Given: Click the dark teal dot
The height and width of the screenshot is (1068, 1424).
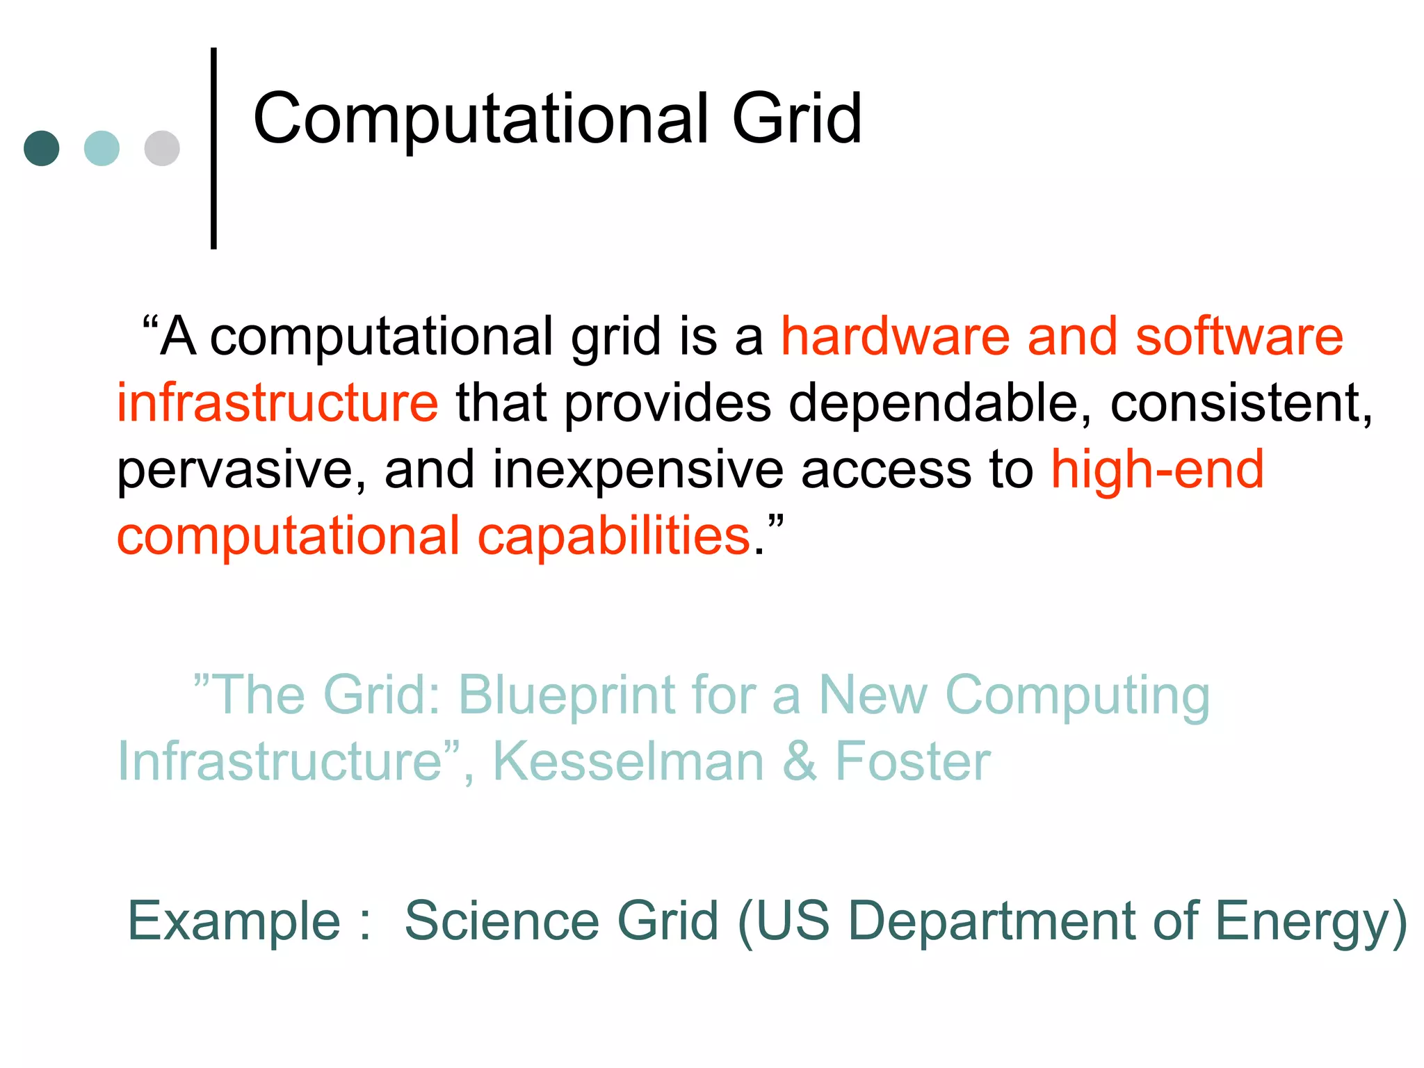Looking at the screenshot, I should (42, 148).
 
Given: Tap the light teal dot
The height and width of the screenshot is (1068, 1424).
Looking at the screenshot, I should (102, 148).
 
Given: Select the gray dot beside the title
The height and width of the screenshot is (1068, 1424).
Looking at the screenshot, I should (162, 148).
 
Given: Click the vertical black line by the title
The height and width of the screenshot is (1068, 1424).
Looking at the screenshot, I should (213, 148).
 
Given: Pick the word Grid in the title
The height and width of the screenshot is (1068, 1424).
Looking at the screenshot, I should (797, 120).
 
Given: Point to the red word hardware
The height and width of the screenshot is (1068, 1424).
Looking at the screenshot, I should (896, 337).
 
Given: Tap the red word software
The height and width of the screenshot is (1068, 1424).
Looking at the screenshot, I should (1239, 337).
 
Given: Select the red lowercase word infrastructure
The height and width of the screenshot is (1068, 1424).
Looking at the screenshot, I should (277, 403).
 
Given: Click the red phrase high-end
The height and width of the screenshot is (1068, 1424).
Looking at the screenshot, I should (1157, 469).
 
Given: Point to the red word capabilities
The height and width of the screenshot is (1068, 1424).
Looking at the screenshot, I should (614, 537).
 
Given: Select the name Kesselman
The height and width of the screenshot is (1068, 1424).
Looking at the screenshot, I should (629, 761).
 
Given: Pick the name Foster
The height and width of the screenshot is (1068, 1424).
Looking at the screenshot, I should (912, 761).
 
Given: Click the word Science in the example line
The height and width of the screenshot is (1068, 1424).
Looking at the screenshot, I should (501, 921).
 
